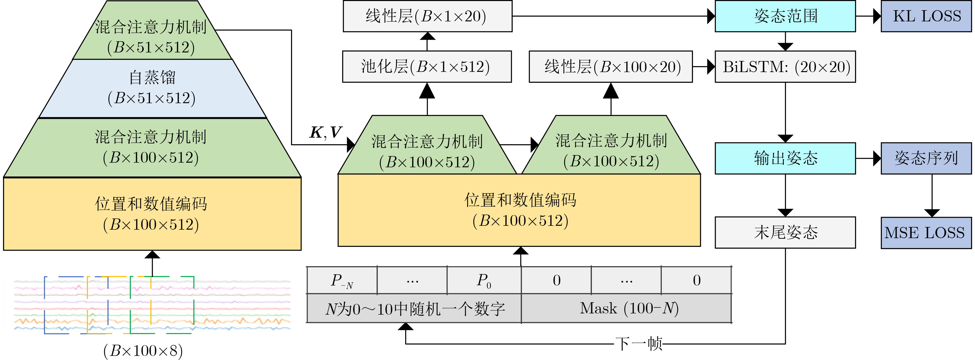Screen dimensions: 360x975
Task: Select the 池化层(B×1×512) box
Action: pyautogui.click(x=427, y=67)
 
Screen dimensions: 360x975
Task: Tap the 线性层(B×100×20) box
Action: pyautogui.click(x=611, y=67)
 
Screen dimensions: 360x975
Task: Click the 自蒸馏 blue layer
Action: pyautogui.click(x=152, y=88)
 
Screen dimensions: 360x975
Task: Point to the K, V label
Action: pyautogui.click(x=326, y=133)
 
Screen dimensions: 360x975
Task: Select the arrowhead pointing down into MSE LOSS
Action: pyautogui.click(x=932, y=213)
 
